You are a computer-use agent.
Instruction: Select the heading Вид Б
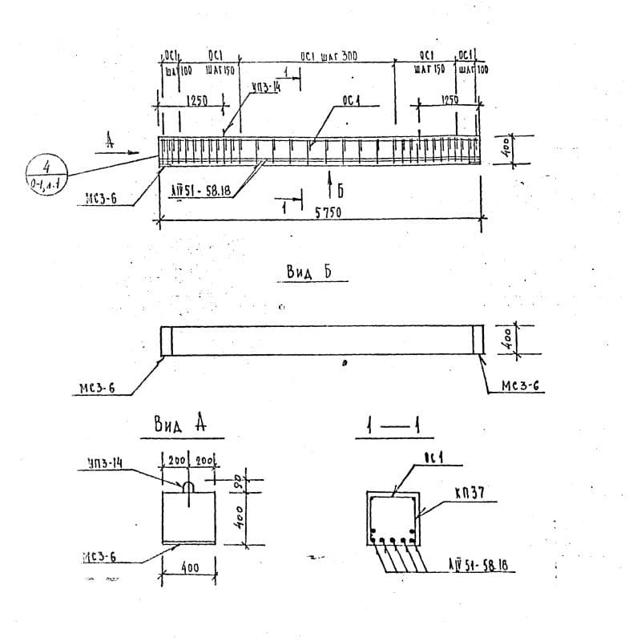(x=309, y=272)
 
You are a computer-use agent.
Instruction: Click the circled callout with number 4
(x=46, y=171)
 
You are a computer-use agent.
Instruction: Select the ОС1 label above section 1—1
(x=433, y=458)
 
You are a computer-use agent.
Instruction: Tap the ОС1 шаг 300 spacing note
(x=329, y=56)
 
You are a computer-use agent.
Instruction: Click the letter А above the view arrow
(x=110, y=140)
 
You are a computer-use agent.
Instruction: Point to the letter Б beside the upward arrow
(x=340, y=190)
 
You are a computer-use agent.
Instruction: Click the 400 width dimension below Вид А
(x=190, y=568)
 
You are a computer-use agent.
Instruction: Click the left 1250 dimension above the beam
(x=197, y=100)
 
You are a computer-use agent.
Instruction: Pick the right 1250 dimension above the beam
(x=450, y=99)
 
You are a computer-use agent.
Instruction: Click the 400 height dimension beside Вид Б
(x=505, y=339)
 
